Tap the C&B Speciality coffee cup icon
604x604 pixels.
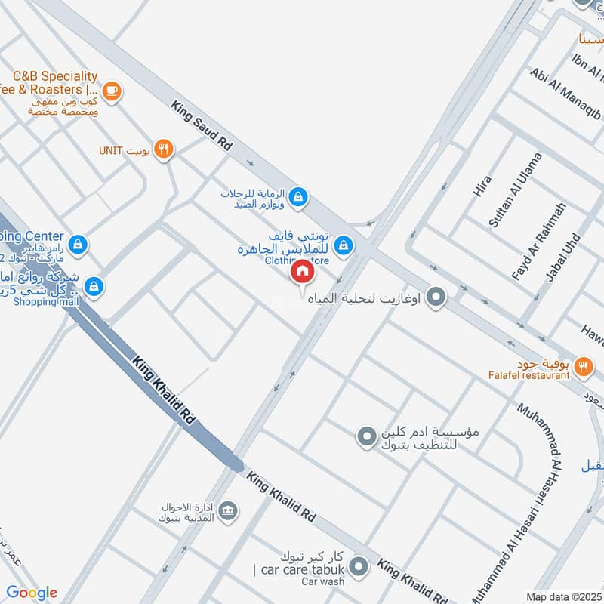pyautogui.click(x=112, y=91)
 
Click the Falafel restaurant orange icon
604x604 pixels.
pyautogui.click(x=582, y=367)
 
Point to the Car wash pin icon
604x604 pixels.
pyautogui.click(x=359, y=565)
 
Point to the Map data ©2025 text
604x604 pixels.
pyautogui.click(x=563, y=596)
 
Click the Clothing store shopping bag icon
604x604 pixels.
pyautogui.click(x=344, y=245)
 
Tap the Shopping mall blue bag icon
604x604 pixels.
pyautogui.click(x=94, y=286)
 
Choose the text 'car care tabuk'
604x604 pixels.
pyautogui.click(x=297, y=569)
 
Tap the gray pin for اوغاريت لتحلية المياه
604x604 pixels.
pyautogui.click(x=435, y=297)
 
